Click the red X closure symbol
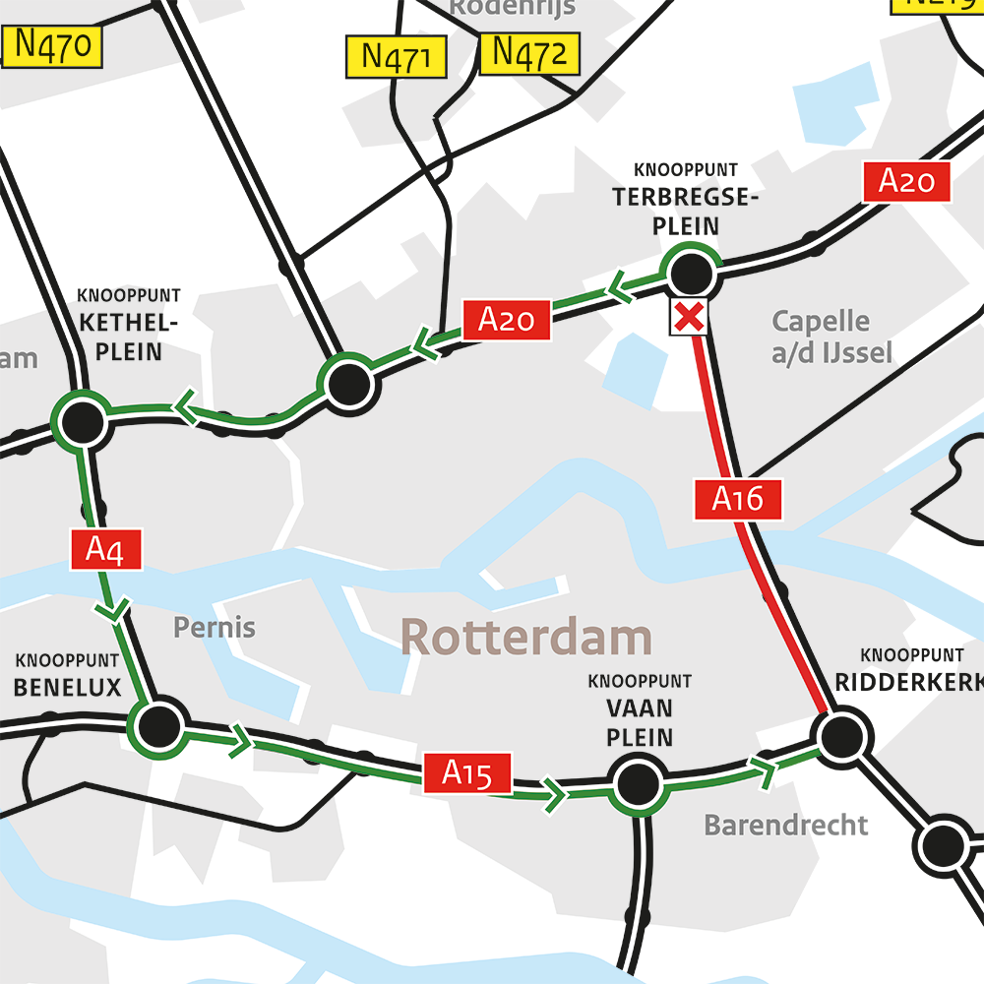pos(690,317)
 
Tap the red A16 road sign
pos(737,499)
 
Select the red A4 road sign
pos(106,549)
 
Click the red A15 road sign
pos(466,773)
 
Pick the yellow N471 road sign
pos(397,57)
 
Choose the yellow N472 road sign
pos(529,53)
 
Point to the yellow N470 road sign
pos(53,46)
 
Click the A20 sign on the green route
pos(506,320)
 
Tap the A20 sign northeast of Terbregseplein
pos(906,182)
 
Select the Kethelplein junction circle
pos(82,423)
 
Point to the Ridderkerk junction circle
pos(841,735)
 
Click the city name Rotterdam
pos(525,638)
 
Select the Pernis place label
pos(215,627)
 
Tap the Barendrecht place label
pos(785,825)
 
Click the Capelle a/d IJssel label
pos(821,337)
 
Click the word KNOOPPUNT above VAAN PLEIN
pos(640,681)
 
